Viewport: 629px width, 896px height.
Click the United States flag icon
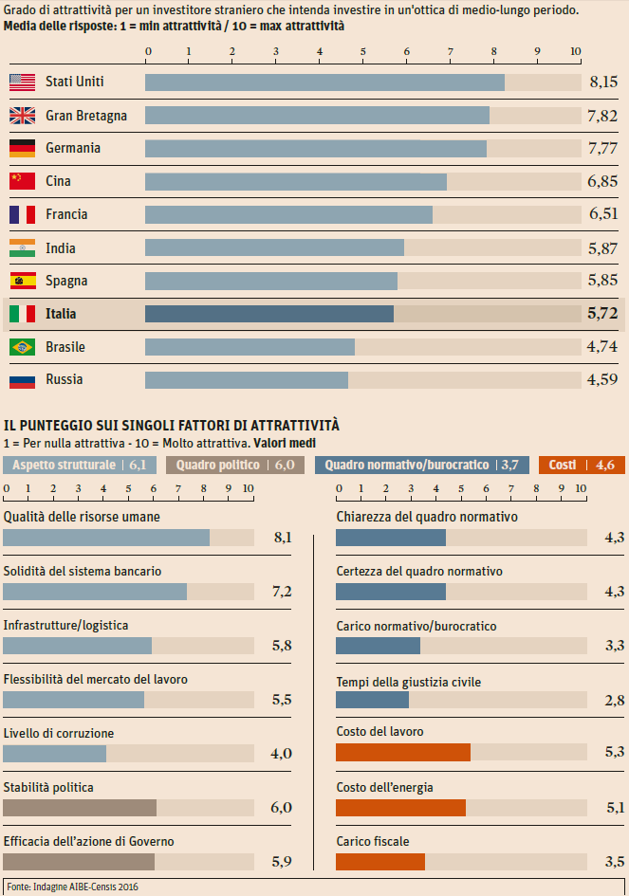point(22,82)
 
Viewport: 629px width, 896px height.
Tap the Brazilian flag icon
point(22,347)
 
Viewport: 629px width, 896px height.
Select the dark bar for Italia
point(269,314)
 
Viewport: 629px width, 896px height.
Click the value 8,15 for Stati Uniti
point(603,82)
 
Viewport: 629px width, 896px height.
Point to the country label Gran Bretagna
point(86,116)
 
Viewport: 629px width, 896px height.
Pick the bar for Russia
point(247,380)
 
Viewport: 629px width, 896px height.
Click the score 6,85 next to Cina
point(603,181)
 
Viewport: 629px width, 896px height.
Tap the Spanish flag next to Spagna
point(22,281)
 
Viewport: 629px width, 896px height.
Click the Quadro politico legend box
point(234,465)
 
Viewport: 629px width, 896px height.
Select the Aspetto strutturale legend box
point(80,465)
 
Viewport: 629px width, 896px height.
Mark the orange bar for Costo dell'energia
point(401,808)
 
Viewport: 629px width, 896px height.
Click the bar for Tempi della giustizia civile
point(373,700)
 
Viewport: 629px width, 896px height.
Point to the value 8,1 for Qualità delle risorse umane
point(282,538)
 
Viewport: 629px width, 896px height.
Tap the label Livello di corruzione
point(59,733)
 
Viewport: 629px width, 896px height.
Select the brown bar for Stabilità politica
point(80,808)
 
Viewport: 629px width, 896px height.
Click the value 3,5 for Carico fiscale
point(615,862)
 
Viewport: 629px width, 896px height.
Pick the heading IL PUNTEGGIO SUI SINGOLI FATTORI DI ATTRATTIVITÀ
point(172,427)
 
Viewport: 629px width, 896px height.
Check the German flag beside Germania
point(22,148)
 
